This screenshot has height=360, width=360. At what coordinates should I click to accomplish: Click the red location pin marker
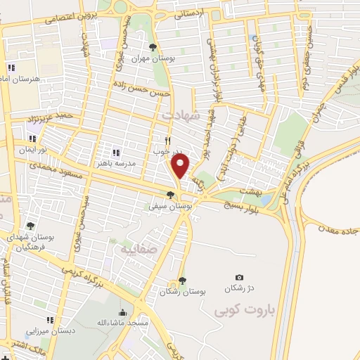(181, 166)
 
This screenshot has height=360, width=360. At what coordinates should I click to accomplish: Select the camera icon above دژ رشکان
(239, 278)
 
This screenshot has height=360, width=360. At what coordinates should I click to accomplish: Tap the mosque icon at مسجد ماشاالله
(124, 313)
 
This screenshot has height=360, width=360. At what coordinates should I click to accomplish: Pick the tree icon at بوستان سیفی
(171, 195)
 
